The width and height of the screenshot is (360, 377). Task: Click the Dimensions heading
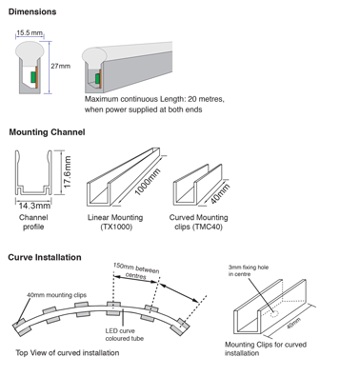click(31, 11)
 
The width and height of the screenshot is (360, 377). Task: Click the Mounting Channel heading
click(48, 131)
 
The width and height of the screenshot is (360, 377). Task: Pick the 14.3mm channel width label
click(33, 205)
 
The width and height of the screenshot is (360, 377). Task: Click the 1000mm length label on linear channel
click(147, 180)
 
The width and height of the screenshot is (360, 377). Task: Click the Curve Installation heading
click(45, 257)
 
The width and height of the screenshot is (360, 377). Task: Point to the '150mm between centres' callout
click(135, 273)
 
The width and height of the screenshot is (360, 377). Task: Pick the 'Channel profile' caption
click(33, 223)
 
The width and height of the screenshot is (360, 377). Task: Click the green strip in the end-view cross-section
click(33, 77)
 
